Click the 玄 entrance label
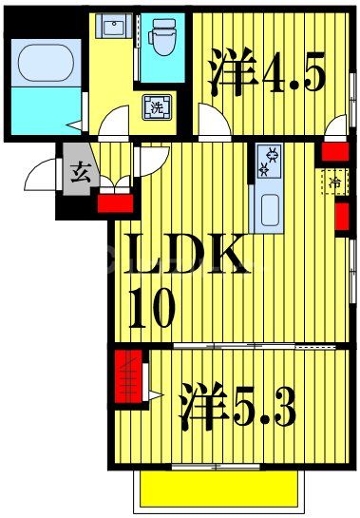point(79,172)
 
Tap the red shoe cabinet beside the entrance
point(113,201)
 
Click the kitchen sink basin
point(266,208)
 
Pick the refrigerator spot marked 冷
point(335,180)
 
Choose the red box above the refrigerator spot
point(332,150)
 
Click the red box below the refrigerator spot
point(342,218)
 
